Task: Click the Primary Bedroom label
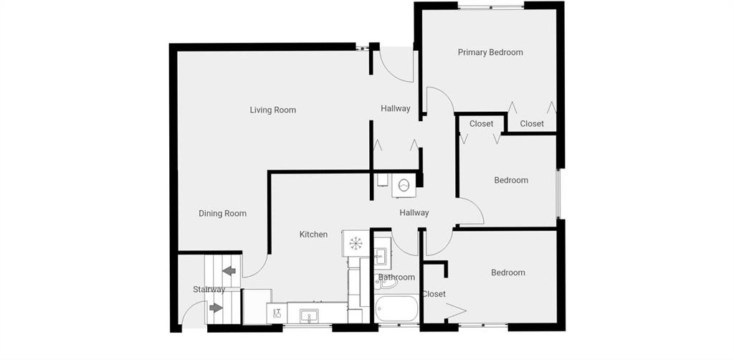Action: point(490,52)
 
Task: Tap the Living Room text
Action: point(272,110)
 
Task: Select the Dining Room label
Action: point(222,214)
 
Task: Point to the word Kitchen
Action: point(313,234)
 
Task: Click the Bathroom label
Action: point(396,277)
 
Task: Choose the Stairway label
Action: point(209,290)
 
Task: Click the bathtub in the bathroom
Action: point(396,308)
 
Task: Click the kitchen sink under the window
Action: point(309,316)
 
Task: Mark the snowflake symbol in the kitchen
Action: point(356,243)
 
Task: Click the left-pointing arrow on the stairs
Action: point(229,270)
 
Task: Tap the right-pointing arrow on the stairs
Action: point(216,308)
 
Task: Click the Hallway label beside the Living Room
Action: point(396,108)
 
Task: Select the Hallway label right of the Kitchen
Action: point(414,213)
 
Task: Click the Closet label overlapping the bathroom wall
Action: point(434,294)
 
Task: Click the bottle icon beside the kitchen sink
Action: point(277,313)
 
